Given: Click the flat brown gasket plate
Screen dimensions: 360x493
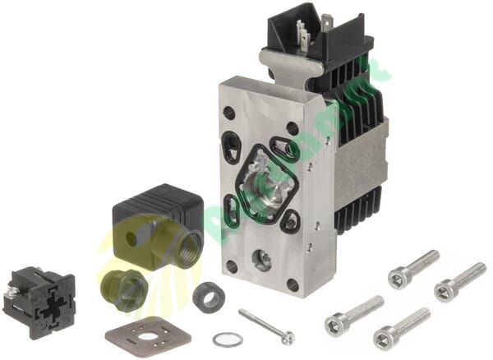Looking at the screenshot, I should tap(148, 335).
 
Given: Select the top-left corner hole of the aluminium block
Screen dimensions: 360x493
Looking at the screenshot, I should tap(228, 113).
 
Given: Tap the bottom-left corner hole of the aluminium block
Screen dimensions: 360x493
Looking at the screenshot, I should tap(233, 266).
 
